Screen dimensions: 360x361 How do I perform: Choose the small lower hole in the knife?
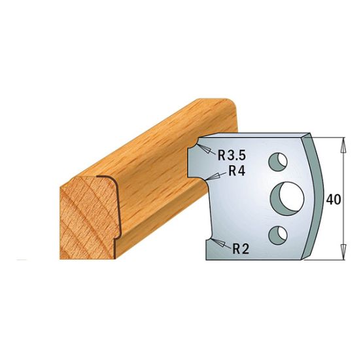pyautogui.click(x=279, y=232)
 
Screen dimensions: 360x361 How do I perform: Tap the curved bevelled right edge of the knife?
pyautogui.click(x=320, y=196)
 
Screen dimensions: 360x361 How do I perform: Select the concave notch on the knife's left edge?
pyautogui.click(x=195, y=160)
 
